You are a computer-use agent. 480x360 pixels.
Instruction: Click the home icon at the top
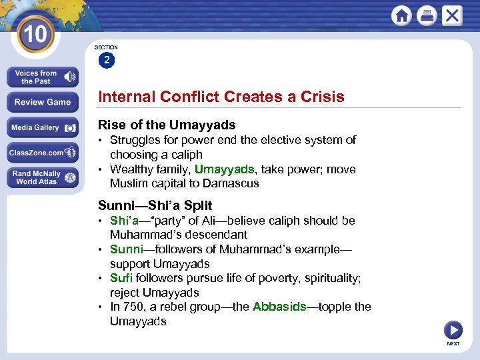click(x=401, y=15)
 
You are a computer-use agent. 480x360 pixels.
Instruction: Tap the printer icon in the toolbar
click(x=427, y=15)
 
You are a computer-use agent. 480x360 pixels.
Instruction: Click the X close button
click(x=451, y=15)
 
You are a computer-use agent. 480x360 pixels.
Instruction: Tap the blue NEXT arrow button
click(x=453, y=330)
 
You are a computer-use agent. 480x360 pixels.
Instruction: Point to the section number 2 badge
click(x=106, y=61)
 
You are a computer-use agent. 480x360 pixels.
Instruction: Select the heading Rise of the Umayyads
click(x=167, y=125)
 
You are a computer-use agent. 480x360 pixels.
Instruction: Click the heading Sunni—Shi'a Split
click(x=155, y=205)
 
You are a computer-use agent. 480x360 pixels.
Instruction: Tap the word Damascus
click(x=232, y=183)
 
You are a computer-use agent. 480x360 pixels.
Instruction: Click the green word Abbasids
click(x=279, y=307)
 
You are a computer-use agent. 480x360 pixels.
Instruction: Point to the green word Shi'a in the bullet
click(x=124, y=221)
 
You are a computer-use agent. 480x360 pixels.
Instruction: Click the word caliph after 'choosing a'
click(x=189, y=155)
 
